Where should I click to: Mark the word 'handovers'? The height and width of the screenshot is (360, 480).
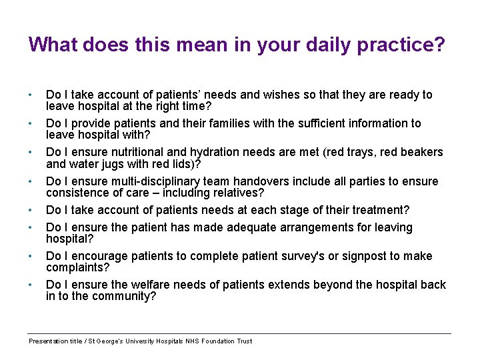click(261, 181)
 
